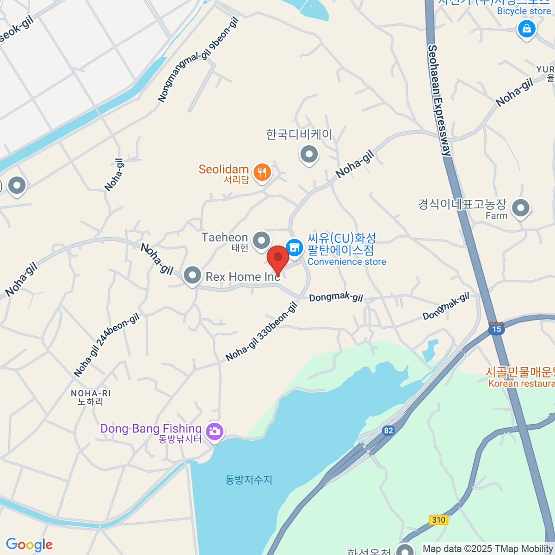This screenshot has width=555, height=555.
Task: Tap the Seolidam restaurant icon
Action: [x=262, y=173]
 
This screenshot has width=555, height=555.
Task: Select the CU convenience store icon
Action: [x=294, y=247]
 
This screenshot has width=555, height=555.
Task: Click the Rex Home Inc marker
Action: [x=192, y=276]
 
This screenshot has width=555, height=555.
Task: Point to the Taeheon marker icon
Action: [x=262, y=240]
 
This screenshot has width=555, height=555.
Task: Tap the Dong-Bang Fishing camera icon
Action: [x=215, y=432]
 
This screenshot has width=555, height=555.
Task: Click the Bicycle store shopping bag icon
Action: [x=526, y=29]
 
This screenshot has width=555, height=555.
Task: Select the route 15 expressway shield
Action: [x=496, y=329]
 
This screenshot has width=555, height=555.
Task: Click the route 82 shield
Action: [x=388, y=431]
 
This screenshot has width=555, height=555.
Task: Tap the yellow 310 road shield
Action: [x=438, y=520]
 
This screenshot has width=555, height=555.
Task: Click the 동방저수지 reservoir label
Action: [x=249, y=480]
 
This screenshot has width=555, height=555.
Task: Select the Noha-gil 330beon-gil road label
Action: [x=262, y=332]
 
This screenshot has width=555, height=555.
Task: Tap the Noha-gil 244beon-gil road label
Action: [x=107, y=345]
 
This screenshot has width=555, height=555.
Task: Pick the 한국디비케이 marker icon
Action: [x=309, y=154]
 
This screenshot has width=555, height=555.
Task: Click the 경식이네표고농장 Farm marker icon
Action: [x=521, y=208]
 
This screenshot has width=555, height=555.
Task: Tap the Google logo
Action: [x=29, y=544]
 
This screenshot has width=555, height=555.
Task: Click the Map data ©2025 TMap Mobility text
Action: [x=487, y=549]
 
